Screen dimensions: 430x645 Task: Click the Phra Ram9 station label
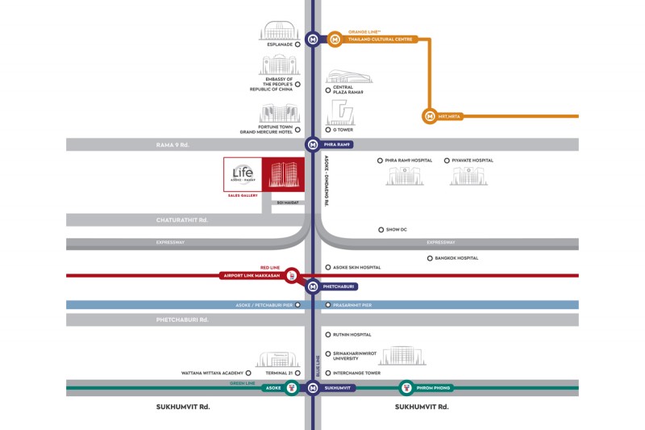[x=338, y=144]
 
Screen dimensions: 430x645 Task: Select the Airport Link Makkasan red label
[x=250, y=276]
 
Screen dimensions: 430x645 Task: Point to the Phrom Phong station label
[x=433, y=388]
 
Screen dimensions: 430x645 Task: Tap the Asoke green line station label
[x=273, y=388]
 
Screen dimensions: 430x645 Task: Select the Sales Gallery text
[x=242, y=195]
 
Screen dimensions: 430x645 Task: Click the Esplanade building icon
[x=279, y=30]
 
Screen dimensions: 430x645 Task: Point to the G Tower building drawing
[x=341, y=112]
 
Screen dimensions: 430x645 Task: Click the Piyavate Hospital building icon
[x=468, y=176]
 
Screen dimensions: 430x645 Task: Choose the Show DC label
[x=397, y=230]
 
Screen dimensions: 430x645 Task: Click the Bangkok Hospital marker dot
[x=431, y=258]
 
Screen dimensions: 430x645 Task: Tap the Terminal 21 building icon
[x=278, y=359]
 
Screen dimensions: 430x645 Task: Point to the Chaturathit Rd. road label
[x=182, y=219]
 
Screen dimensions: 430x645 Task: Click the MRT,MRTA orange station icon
[x=430, y=116]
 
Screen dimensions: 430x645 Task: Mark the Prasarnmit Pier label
[x=352, y=305]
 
